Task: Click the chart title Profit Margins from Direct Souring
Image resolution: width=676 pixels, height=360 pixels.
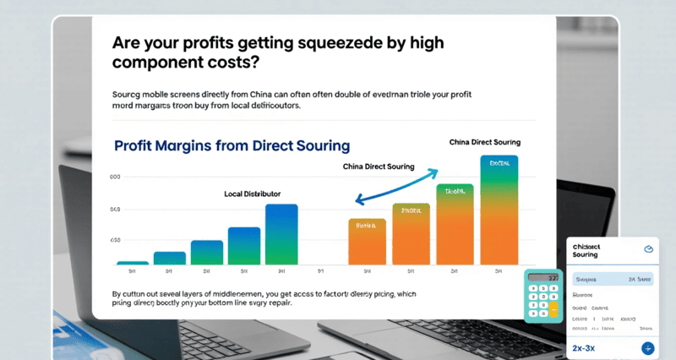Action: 231,145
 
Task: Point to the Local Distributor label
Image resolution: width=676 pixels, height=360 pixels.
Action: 252,194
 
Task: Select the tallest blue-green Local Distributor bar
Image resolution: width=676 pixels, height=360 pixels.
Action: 281,234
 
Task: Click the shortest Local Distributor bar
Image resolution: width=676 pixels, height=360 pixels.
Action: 132,262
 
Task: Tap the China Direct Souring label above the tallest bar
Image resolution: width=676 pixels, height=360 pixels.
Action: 484,142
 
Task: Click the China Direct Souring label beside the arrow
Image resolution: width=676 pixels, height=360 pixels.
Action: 379,166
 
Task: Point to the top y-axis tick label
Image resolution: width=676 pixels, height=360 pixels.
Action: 115,177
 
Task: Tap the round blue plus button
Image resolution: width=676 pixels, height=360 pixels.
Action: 647,347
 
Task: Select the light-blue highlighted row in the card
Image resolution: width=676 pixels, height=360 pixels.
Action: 613,278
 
